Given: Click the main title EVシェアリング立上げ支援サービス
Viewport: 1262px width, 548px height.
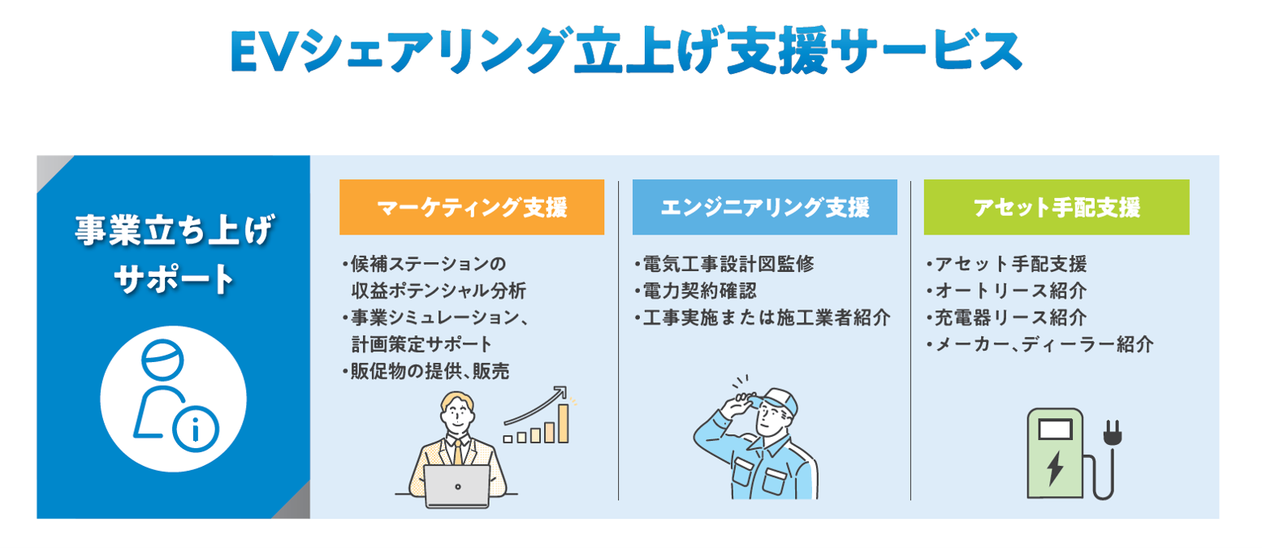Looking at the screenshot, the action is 625,50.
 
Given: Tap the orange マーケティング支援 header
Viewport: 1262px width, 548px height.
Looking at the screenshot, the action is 471,208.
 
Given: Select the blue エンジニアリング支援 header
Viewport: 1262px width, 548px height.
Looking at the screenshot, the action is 764,208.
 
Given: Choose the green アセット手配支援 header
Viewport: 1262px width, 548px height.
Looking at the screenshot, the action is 1056,208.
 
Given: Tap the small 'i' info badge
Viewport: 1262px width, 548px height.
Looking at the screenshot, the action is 194,431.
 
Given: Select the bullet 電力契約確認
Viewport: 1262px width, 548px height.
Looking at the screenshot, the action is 699,290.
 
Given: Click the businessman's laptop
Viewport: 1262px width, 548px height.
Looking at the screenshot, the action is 457,485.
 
